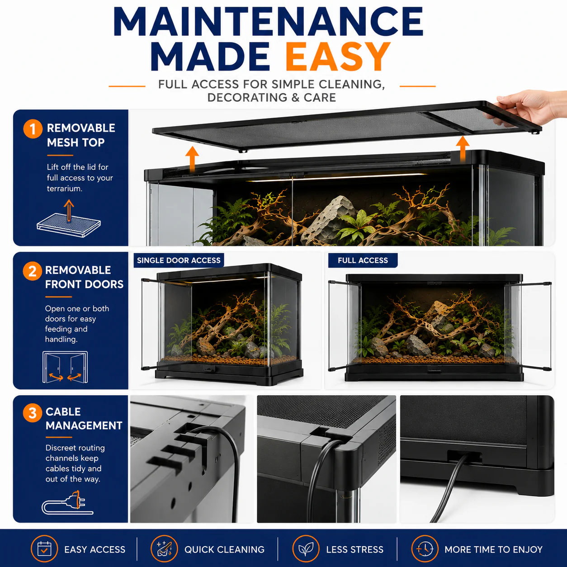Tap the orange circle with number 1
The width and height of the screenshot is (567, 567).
tap(33, 129)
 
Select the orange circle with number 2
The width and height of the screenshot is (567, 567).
tap(33, 271)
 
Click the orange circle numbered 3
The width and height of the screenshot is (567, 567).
tap(33, 413)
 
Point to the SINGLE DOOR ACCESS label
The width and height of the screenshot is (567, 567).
tap(179, 260)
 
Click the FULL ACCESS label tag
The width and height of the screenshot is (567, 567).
tap(363, 260)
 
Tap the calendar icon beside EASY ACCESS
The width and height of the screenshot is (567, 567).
tap(44, 549)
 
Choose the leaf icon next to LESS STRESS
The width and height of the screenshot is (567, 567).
tap(306, 549)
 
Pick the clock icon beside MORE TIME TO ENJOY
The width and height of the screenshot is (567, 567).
tap(425, 549)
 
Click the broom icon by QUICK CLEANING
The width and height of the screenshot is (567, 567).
tap(164, 549)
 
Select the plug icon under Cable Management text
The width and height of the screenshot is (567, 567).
tap(67, 503)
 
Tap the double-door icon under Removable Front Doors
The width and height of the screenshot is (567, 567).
tap(65, 367)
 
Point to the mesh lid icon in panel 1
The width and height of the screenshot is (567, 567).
tap(69, 219)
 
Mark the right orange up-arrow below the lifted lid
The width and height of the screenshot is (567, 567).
tap(463, 149)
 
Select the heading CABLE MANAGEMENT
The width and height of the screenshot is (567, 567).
tap(84, 419)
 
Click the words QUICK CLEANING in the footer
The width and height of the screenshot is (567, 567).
tap(224, 549)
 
